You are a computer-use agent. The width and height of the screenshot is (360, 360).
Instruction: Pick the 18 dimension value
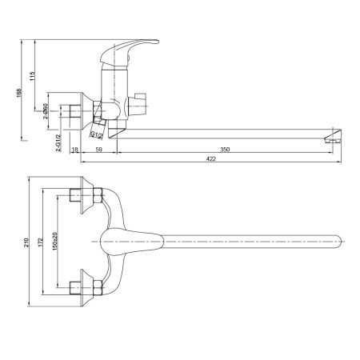pyautogui.click(x=74, y=149)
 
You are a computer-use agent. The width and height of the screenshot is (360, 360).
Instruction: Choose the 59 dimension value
pyautogui.click(x=98, y=149)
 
